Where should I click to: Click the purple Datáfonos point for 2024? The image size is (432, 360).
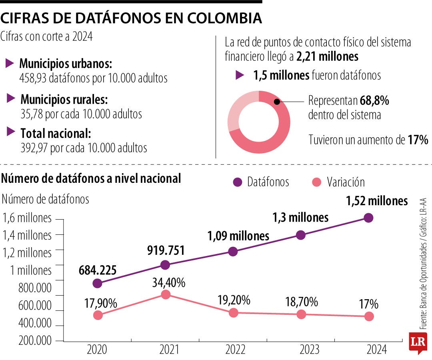368,218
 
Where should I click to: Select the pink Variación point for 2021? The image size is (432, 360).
165,294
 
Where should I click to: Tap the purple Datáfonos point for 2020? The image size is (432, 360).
97,283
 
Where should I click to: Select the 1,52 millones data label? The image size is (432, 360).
376,201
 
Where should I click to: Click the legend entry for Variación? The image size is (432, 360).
345,182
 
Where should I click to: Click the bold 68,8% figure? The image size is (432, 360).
375,101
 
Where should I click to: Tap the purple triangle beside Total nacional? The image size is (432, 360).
11,132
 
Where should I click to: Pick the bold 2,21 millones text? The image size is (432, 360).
327,57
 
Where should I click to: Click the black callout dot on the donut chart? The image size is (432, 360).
276,102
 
